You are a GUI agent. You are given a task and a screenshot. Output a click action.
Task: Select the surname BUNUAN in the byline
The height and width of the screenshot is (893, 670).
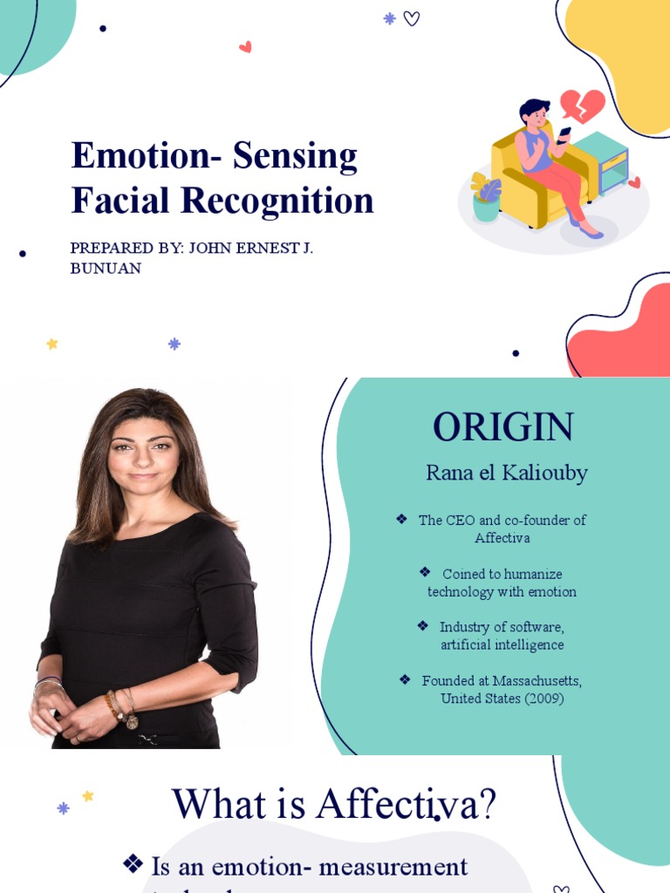[106, 268]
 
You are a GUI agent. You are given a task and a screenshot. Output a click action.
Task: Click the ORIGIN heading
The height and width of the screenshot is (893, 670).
[503, 426]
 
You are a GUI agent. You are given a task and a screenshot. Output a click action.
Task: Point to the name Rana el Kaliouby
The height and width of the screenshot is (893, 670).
[506, 474]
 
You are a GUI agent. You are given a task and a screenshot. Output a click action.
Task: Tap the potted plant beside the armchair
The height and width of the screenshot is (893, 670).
[486, 198]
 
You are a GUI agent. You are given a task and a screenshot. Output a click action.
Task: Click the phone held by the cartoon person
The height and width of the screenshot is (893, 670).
[564, 134]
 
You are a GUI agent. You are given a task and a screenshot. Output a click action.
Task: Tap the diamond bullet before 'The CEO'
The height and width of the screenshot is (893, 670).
[401, 519]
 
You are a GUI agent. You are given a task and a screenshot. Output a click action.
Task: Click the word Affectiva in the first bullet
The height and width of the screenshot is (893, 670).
[502, 538]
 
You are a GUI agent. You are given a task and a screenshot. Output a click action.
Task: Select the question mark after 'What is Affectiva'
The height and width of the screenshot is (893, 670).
[487, 804]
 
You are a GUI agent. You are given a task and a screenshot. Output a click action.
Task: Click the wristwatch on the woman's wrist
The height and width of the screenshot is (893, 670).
[131, 720]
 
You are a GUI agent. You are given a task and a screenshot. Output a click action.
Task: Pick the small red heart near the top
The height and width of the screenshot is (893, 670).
[245, 47]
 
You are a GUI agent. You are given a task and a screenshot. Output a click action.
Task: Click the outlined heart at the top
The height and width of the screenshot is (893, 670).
[412, 18]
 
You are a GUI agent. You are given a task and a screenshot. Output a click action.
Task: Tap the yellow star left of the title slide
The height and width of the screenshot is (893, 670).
[52, 344]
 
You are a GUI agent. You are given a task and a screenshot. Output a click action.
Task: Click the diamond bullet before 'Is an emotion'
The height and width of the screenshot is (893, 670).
[133, 864]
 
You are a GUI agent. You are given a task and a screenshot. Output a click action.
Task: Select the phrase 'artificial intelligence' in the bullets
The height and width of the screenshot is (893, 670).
[502, 645]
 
